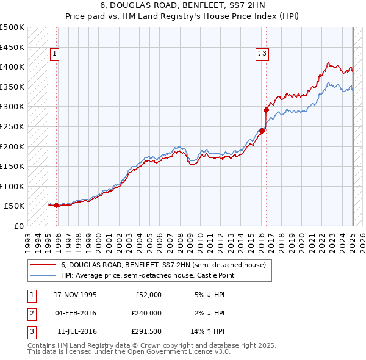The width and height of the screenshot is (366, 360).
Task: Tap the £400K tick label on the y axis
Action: point(12,67)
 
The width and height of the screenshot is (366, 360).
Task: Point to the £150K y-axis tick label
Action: point(12,166)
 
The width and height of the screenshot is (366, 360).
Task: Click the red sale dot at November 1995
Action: point(57,205)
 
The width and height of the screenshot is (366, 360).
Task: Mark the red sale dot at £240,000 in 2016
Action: point(262,130)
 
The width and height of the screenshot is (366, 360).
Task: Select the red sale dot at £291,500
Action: point(266,110)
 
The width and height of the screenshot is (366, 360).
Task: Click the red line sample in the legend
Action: point(43,265)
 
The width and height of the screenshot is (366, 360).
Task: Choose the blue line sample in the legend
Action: point(43,276)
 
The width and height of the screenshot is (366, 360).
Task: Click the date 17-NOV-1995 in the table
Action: point(76,295)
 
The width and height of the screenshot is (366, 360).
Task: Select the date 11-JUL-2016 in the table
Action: point(76,332)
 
